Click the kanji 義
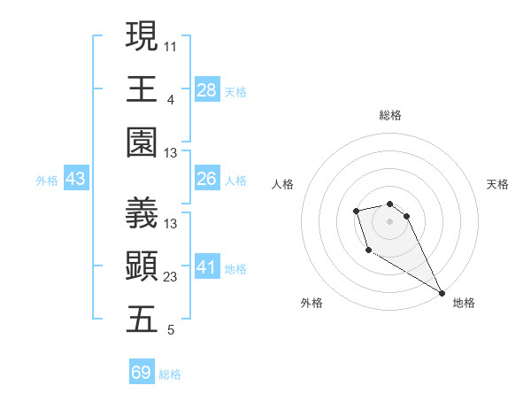pyautogui.click(x=142, y=212)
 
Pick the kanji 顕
pyautogui.click(x=142, y=266)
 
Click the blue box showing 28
pyautogui.click(x=206, y=89)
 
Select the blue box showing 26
pyautogui.click(x=206, y=179)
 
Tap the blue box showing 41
pyautogui.click(x=206, y=267)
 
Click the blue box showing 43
pyautogui.click(x=76, y=179)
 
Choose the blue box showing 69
pyautogui.click(x=142, y=373)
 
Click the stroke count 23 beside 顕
pyautogui.click(x=171, y=277)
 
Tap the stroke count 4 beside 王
pyautogui.click(x=170, y=99)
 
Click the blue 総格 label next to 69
pyautogui.click(x=170, y=374)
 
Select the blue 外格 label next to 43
pyautogui.click(x=47, y=180)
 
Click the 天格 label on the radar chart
pyautogui.click(x=497, y=184)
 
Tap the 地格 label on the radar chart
pyautogui.click(x=464, y=303)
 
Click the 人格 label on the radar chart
pyautogui.click(x=282, y=184)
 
